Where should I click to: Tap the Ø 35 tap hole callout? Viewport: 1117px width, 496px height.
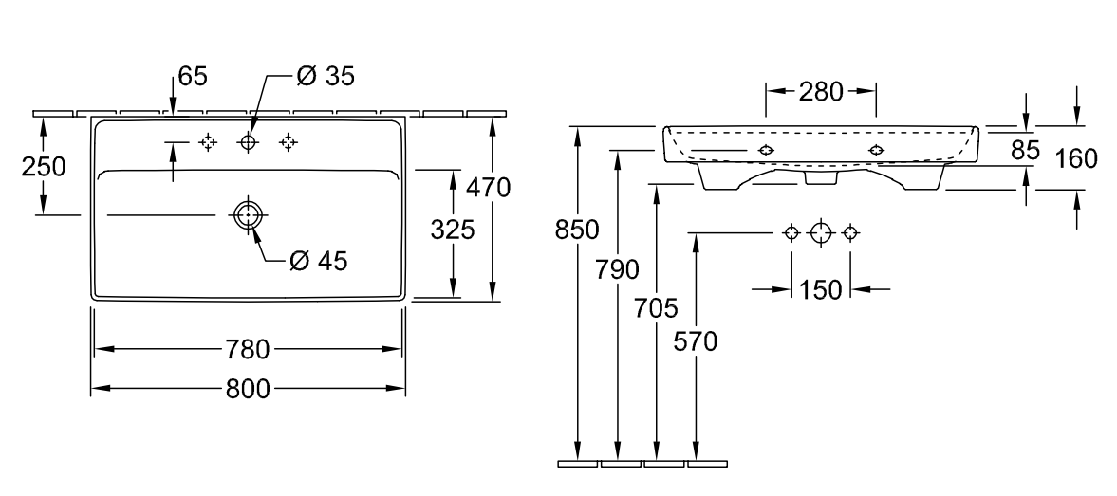coord(325,76)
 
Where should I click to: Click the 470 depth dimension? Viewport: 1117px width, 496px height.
coord(491,188)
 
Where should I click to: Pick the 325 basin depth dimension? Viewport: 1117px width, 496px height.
coord(452,230)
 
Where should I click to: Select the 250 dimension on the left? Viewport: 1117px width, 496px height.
coord(44,166)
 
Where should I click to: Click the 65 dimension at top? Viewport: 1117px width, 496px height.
coord(192,77)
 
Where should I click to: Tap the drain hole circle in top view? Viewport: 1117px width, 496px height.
coord(247,215)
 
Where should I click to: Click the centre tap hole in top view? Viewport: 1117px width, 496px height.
coord(249,142)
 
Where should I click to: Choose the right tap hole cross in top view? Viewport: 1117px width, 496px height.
coord(289,142)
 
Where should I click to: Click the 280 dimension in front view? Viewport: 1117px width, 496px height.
coord(820,92)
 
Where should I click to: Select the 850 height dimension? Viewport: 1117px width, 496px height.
coord(577,230)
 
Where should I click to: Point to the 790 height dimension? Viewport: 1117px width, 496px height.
coord(619,270)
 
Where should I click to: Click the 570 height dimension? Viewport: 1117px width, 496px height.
coord(697,340)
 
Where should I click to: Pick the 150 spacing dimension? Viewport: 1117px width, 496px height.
coord(821,289)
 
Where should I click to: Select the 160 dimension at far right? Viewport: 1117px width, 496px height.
coord(1076,157)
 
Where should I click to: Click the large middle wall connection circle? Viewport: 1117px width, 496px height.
coord(820,232)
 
